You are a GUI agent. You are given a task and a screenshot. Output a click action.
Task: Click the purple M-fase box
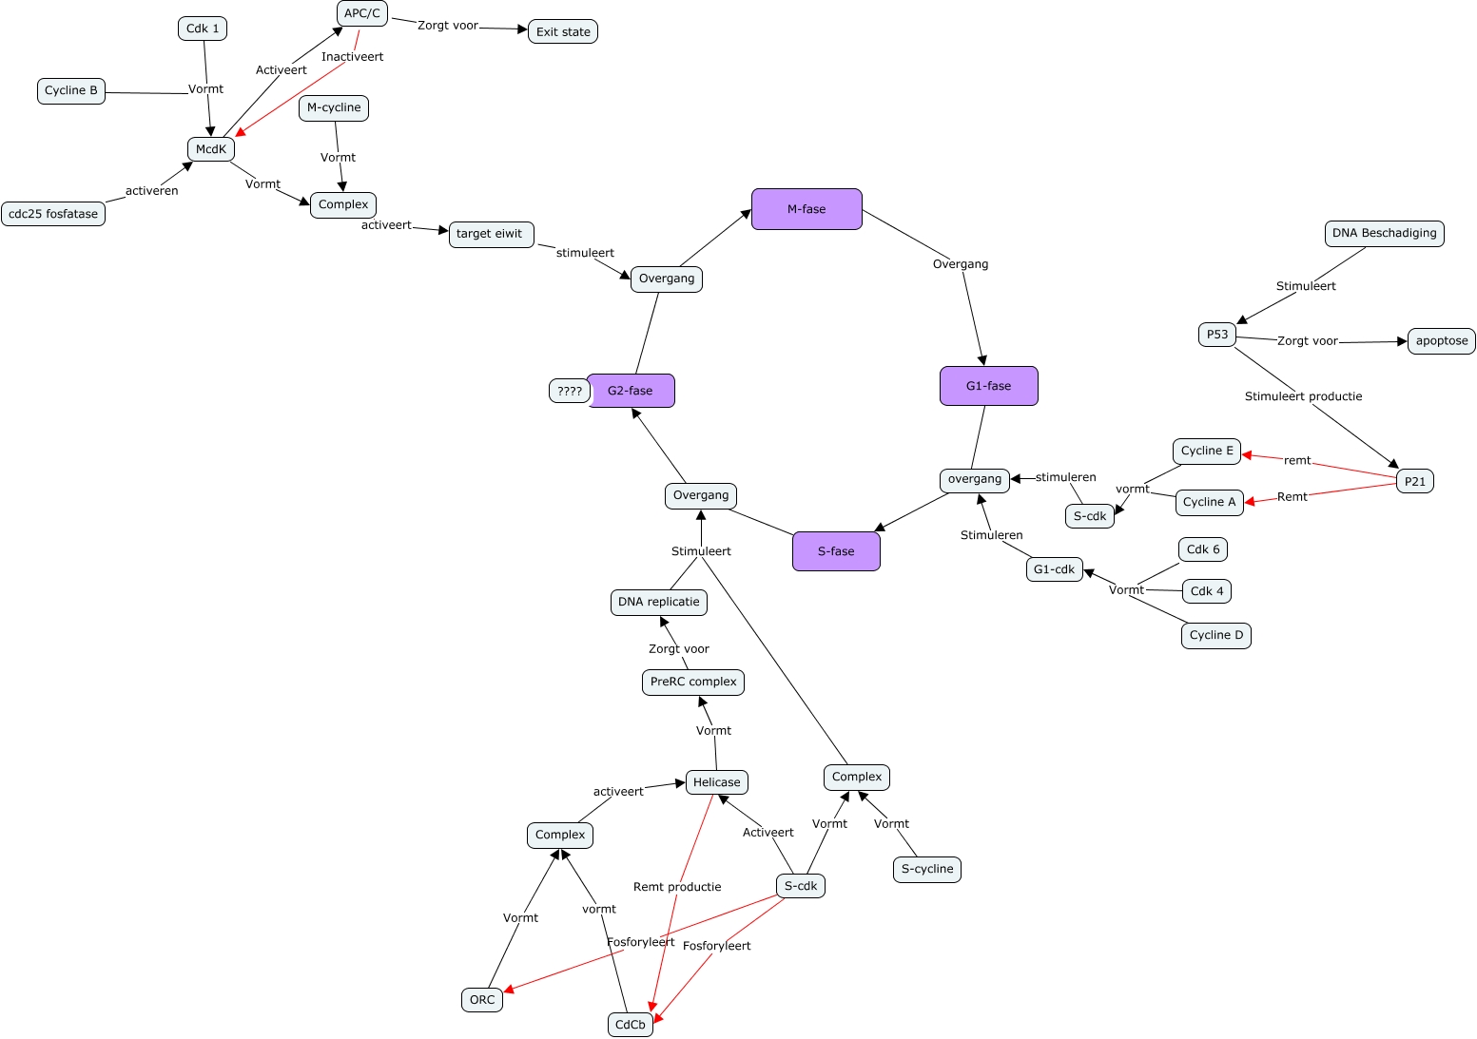807,209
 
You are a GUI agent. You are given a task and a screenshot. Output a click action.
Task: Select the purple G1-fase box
988,386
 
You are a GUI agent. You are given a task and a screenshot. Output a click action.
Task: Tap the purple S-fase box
836,551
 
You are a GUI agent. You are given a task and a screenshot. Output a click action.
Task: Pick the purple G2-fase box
632,391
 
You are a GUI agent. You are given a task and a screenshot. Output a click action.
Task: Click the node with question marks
569,391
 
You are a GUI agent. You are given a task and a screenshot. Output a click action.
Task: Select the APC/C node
362,13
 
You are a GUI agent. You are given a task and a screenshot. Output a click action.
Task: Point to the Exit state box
563,31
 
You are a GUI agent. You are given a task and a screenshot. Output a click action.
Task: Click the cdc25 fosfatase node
53,214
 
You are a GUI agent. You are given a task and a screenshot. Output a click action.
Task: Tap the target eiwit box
491,234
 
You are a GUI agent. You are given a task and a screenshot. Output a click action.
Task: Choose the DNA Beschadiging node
1384,233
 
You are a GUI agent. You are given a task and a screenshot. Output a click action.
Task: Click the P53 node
1217,335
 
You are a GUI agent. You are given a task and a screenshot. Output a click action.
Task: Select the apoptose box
1441,341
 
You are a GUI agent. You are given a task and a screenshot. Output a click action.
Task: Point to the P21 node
1415,481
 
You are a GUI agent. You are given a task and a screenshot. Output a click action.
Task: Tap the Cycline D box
1215,635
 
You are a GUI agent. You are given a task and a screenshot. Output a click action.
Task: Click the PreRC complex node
692,682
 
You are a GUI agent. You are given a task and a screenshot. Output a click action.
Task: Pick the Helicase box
716,782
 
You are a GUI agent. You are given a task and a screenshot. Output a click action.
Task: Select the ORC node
482,999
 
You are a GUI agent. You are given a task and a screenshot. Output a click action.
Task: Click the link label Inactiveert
352,57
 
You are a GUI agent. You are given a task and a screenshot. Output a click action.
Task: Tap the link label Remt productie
677,887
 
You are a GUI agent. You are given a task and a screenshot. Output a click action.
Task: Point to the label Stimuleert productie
1303,396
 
